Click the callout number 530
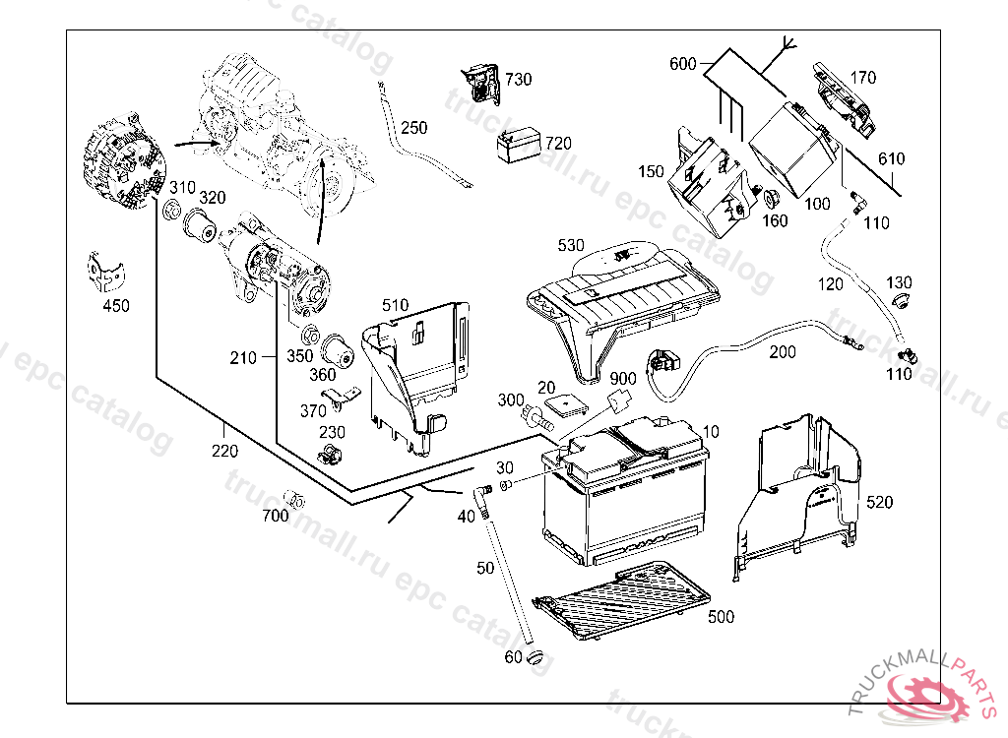(571, 244)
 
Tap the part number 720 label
(558, 143)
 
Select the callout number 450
(116, 306)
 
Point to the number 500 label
(722, 616)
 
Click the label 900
(622, 379)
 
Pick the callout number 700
(276, 516)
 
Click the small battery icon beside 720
(519, 147)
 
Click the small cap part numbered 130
(899, 297)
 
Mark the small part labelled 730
(483, 84)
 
